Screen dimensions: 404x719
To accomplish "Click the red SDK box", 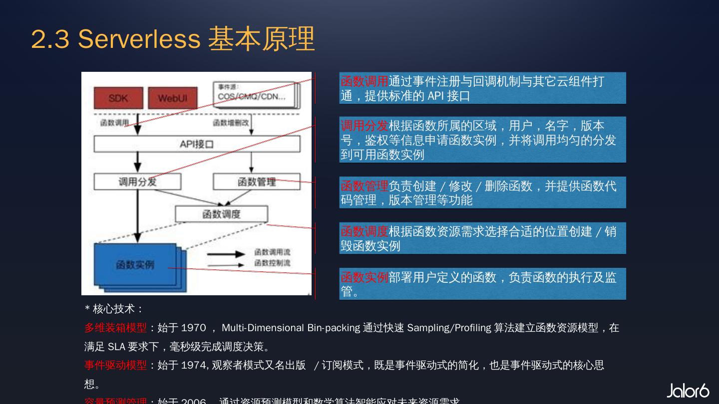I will coord(118,98).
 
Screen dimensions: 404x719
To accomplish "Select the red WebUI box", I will coord(172,98).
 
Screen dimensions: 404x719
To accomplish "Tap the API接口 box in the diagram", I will coord(197,144).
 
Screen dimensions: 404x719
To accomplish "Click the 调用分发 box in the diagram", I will coord(137,182).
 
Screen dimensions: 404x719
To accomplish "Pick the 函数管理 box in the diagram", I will coord(256,182).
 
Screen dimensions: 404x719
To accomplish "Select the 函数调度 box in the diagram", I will coord(221,214).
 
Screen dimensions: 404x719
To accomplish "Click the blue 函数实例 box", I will coord(135,265).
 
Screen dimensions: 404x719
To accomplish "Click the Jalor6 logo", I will coord(688,391).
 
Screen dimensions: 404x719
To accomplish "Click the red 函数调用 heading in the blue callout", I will coord(364,81).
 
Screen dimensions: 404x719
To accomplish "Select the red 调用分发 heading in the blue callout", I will coord(364,125).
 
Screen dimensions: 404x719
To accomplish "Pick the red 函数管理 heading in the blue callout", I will coord(364,186).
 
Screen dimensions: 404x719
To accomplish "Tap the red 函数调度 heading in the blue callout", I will coord(364,231).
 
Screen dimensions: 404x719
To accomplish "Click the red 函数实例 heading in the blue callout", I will coord(364,277).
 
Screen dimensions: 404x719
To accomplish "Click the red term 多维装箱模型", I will coord(115,328).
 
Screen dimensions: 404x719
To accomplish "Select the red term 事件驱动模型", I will coord(115,365).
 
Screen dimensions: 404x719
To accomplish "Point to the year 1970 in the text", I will coord(193,328).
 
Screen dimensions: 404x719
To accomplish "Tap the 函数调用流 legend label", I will coord(272,252).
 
